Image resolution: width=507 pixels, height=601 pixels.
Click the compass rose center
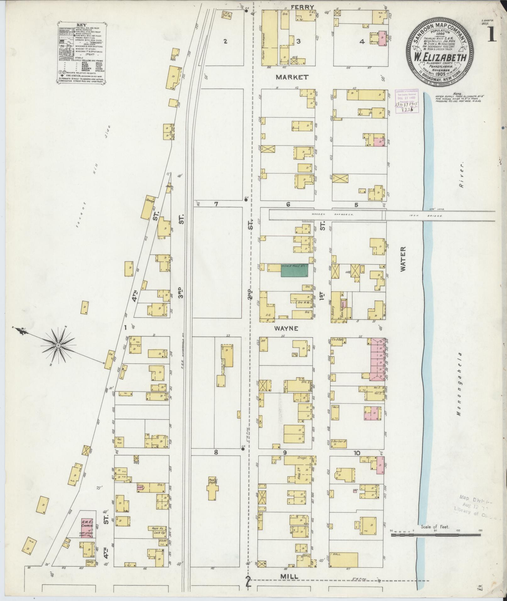click(x=58, y=346)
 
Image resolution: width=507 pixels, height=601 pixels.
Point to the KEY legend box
click(x=82, y=52)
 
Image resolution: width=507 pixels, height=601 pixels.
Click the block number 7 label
click(x=216, y=204)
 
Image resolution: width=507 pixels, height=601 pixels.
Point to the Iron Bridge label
click(x=435, y=216)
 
